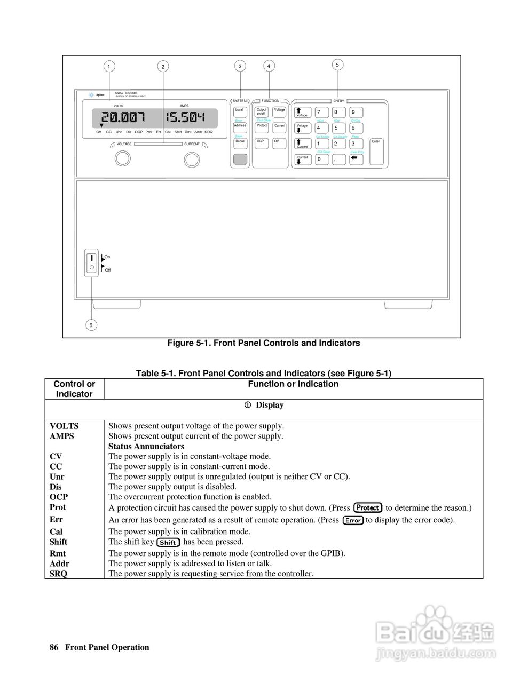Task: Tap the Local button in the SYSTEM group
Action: [240, 112]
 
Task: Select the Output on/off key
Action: [261, 112]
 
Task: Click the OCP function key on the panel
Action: [261, 143]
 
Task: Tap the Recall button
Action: [240, 143]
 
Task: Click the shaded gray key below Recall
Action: [240, 158]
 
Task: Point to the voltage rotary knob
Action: [123, 158]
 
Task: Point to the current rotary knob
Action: [191, 159]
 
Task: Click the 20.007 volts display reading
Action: [123, 117]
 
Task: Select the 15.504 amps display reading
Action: [184, 117]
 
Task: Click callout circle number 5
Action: [337, 65]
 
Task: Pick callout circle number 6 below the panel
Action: [91, 325]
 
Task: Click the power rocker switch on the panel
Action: [92, 261]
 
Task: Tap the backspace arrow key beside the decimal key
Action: [356, 158]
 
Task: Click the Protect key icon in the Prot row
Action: [368, 507]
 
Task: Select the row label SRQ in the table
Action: [59, 574]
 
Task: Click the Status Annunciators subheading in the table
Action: [146, 446]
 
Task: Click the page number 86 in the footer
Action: [53, 647]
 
